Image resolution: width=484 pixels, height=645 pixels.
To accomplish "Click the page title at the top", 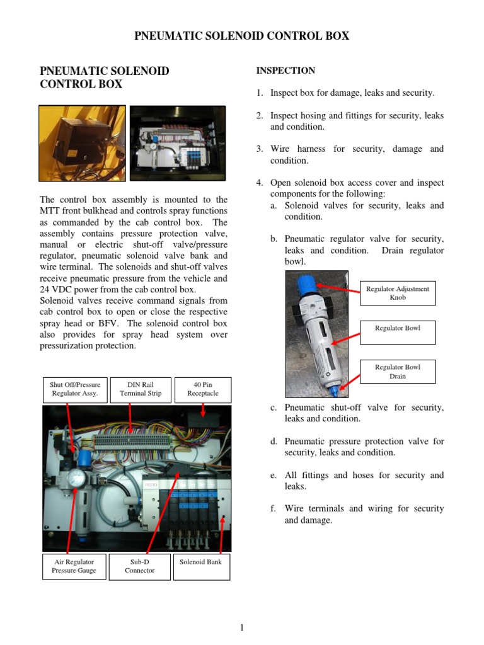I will tap(242, 36).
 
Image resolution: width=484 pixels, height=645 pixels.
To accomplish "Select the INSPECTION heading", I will tap(285, 71).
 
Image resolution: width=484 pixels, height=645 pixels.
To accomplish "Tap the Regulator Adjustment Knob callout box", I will tap(397, 293).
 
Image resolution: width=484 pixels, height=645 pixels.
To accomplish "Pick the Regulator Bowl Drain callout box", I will tap(397, 372).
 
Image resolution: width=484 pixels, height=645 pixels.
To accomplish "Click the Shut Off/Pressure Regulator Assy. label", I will tap(75, 389).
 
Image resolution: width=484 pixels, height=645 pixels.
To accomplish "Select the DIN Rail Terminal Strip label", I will tap(141, 389).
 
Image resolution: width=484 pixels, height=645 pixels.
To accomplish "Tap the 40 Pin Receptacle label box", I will tap(203, 389).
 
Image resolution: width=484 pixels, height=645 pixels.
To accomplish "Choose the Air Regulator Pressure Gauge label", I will tap(74, 566).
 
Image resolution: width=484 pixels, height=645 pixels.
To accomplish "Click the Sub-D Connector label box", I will tap(139, 566).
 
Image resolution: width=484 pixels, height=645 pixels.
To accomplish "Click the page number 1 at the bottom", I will tap(241, 627).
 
